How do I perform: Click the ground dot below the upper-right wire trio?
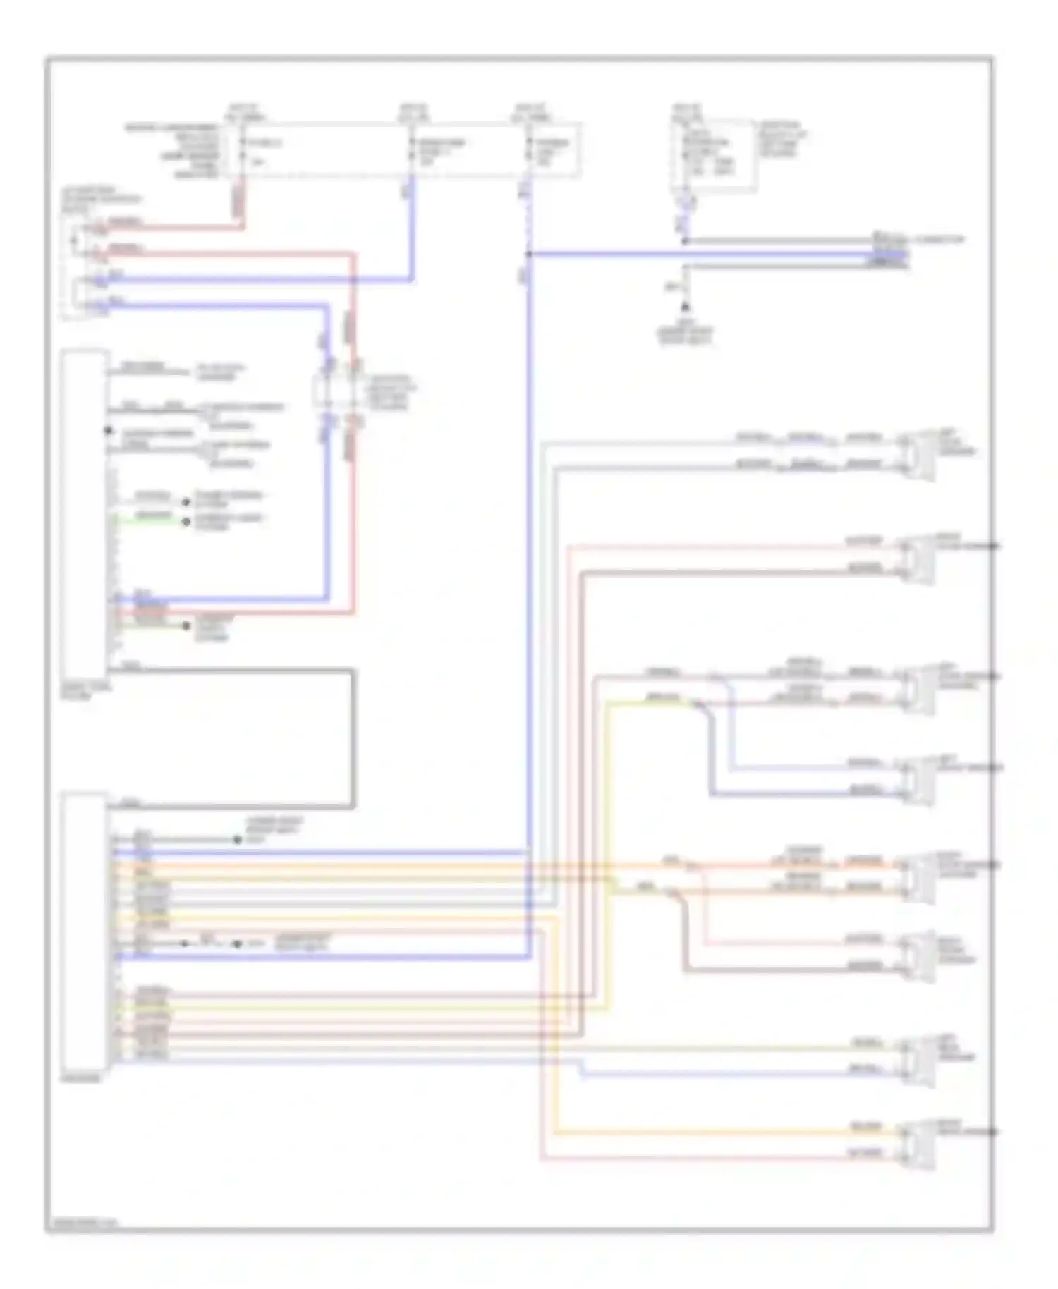[684, 308]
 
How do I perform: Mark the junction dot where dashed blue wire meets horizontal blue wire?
[528, 254]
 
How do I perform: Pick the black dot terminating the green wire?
[186, 522]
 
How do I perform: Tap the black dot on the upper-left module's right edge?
[108, 430]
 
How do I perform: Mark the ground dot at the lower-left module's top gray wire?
[237, 840]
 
